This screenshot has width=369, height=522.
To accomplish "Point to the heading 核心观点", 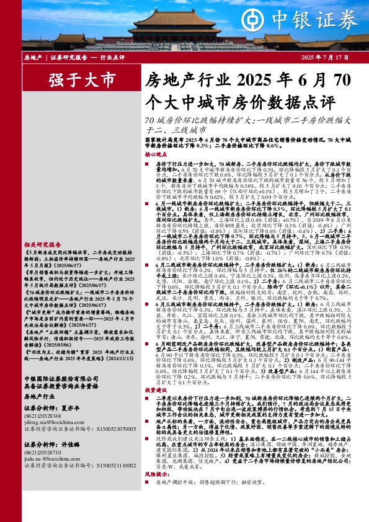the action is tap(156, 154).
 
